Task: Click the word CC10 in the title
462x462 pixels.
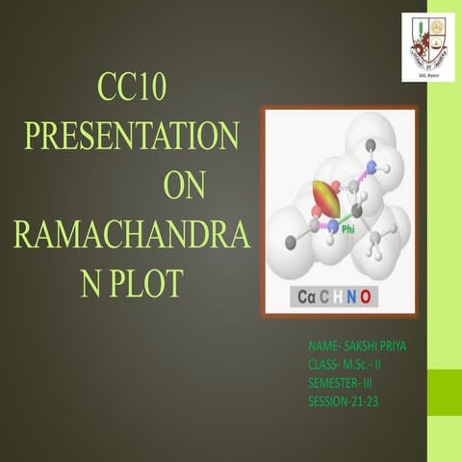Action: pos(133,90)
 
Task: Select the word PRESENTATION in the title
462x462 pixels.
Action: pos(132,136)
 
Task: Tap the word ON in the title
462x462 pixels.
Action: pos(184,185)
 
